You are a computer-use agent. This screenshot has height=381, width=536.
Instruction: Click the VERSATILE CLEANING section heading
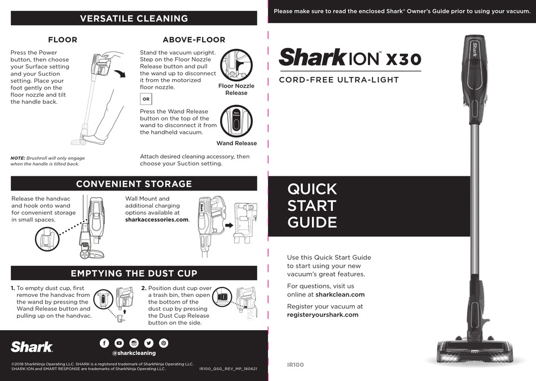(x=134, y=18)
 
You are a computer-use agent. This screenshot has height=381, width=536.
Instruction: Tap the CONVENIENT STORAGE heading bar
(x=134, y=184)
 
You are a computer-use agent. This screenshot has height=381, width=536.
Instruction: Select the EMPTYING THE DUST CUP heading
(x=134, y=273)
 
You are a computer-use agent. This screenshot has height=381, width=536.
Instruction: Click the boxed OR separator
(x=146, y=98)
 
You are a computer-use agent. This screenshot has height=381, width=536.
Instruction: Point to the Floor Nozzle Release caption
(x=236, y=89)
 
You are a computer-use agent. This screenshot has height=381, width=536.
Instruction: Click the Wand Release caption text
(x=236, y=144)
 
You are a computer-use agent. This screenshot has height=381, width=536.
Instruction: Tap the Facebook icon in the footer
(x=104, y=343)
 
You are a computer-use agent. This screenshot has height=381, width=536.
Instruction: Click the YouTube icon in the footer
(x=119, y=343)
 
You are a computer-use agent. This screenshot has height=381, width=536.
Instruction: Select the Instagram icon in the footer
(x=134, y=343)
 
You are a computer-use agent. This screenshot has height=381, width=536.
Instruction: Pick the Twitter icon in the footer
(x=148, y=343)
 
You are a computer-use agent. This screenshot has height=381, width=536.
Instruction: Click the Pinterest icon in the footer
(x=163, y=343)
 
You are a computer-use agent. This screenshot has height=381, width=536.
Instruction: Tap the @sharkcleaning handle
(x=134, y=353)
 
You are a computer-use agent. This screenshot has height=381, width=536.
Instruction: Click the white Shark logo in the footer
(x=32, y=347)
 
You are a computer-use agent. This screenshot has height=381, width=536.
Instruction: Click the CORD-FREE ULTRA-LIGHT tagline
(x=339, y=80)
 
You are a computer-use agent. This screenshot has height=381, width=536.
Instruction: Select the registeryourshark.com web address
(x=323, y=314)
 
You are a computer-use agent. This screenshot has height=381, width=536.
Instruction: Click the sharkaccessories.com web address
(x=157, y=219)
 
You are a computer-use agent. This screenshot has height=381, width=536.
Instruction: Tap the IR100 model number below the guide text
(x=296, y=365)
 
